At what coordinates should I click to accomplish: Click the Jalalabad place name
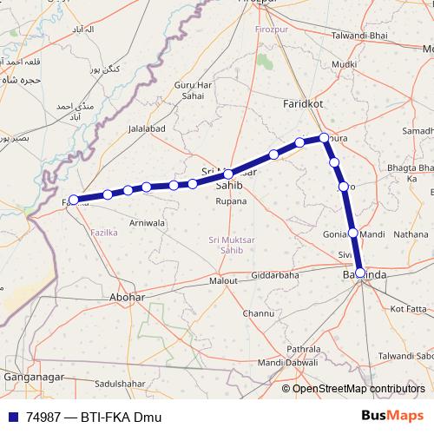pos(147,128)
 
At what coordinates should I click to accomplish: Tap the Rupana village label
pos(231,201)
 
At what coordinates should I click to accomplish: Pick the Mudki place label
pos(344,64)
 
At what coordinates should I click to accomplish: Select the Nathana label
pos(411,233)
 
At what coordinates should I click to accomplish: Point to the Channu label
pos(259,312)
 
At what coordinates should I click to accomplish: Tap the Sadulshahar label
pos(121,383)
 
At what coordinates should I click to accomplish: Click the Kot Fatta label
pos(409,308)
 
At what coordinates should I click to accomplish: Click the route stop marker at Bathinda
pos(360,273)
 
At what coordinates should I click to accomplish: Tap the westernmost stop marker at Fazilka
pos(75,200)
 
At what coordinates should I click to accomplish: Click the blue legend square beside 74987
pos(12,417)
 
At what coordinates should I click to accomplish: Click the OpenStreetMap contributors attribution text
pos(358,388)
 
